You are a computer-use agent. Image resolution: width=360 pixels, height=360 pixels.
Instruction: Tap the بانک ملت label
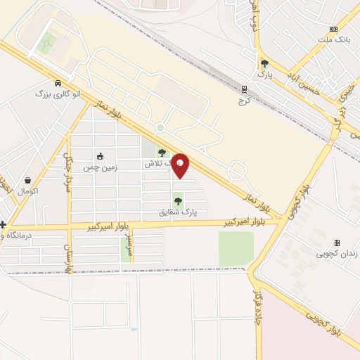[x=334, y=39]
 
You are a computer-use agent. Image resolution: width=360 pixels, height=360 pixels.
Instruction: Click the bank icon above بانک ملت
[x=334, y=29]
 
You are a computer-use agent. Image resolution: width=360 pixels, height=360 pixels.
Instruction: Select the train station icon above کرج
[x=245, y=89]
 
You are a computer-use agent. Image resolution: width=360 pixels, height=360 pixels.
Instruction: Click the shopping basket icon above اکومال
[x=28, y=180]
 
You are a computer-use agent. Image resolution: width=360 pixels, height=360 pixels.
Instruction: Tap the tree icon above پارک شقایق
[x=177, y=201]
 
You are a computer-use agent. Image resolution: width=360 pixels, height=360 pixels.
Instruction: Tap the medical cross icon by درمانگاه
[x=4, y=225]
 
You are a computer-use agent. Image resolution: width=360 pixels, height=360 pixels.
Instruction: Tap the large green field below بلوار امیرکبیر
[x=236, y=248]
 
